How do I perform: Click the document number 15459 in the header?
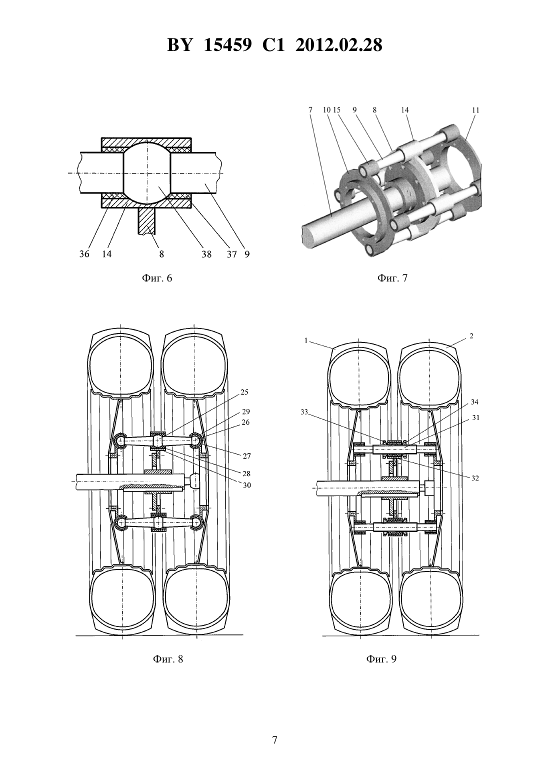click(x=227, y=45)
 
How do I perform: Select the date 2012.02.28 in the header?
click(x=339, y=45)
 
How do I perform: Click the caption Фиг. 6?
click(x=157, y=278)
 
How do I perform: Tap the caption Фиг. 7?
click(x=392, y=278)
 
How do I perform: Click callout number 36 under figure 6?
click(x=84, y=254)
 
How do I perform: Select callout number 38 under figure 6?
click(x=206, y=254)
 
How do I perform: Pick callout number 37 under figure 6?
click(x=231, y=254)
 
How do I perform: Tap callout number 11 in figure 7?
click(x=475, y=110)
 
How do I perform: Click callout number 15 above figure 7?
click(x=336, y=110)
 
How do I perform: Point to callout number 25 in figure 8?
click(x=244, y=392)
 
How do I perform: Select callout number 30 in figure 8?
click(x=246, y=485)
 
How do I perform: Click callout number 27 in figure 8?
click(x=246, y=456)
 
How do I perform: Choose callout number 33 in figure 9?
click(x=304, y=412)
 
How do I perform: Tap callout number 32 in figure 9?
click(x=474, y=478)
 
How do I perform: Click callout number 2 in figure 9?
click(x=471, y=336)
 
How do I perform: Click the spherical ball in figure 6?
click(x=147, y=173)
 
